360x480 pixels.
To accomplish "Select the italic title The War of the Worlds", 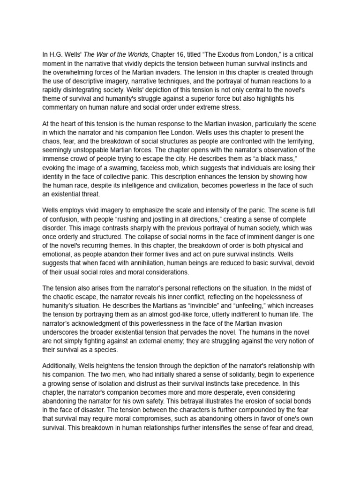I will coord(109,55).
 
